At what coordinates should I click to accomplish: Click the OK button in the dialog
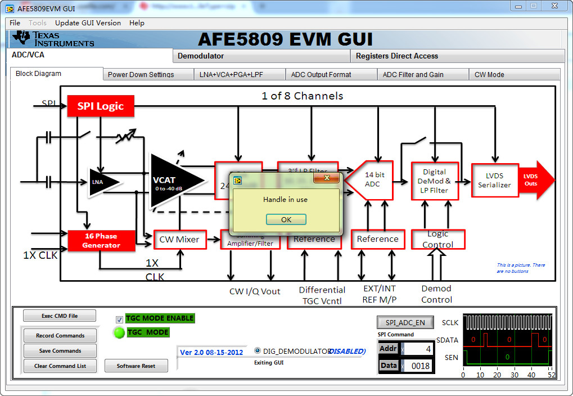[x=286, y=219]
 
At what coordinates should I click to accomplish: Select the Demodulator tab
[x=201, y=56]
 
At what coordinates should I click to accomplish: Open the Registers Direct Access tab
[x=396, y=56]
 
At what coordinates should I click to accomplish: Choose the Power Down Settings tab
[x=141, y=74]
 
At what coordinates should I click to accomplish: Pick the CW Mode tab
[x=489, y=74]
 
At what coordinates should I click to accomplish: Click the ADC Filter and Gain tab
[x=413, y=74]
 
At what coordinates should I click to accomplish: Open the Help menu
[x=137, y=23]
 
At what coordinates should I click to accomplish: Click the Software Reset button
[x=136, y=366]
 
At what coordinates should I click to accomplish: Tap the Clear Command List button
[x=60, y=366]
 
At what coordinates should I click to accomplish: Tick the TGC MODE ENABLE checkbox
[x=119, y=319]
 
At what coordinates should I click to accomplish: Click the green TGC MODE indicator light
[x=119, y=332]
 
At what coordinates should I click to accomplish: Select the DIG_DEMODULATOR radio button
[x=258, y=351]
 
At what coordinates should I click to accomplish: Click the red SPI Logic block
[x=101, y=106]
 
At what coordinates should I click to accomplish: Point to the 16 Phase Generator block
[x=102, y=240]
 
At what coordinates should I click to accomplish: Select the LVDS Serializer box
[x=494, y=180]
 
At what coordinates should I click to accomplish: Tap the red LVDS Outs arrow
[x=534, y=180]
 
